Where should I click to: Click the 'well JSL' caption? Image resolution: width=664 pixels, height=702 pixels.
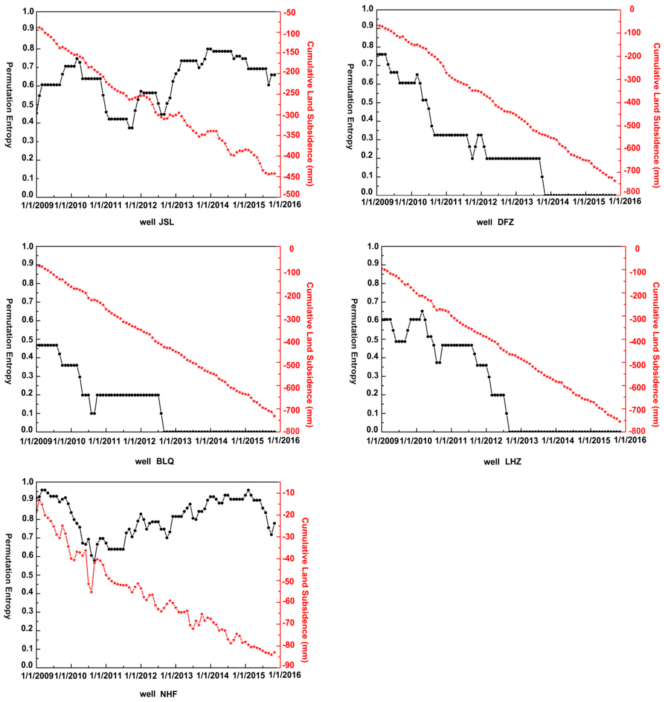[x=155, y=223]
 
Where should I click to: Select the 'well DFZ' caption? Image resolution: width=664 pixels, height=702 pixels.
[x=495, y=222]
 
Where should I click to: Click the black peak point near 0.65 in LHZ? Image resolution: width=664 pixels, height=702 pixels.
[x=422, y=311]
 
